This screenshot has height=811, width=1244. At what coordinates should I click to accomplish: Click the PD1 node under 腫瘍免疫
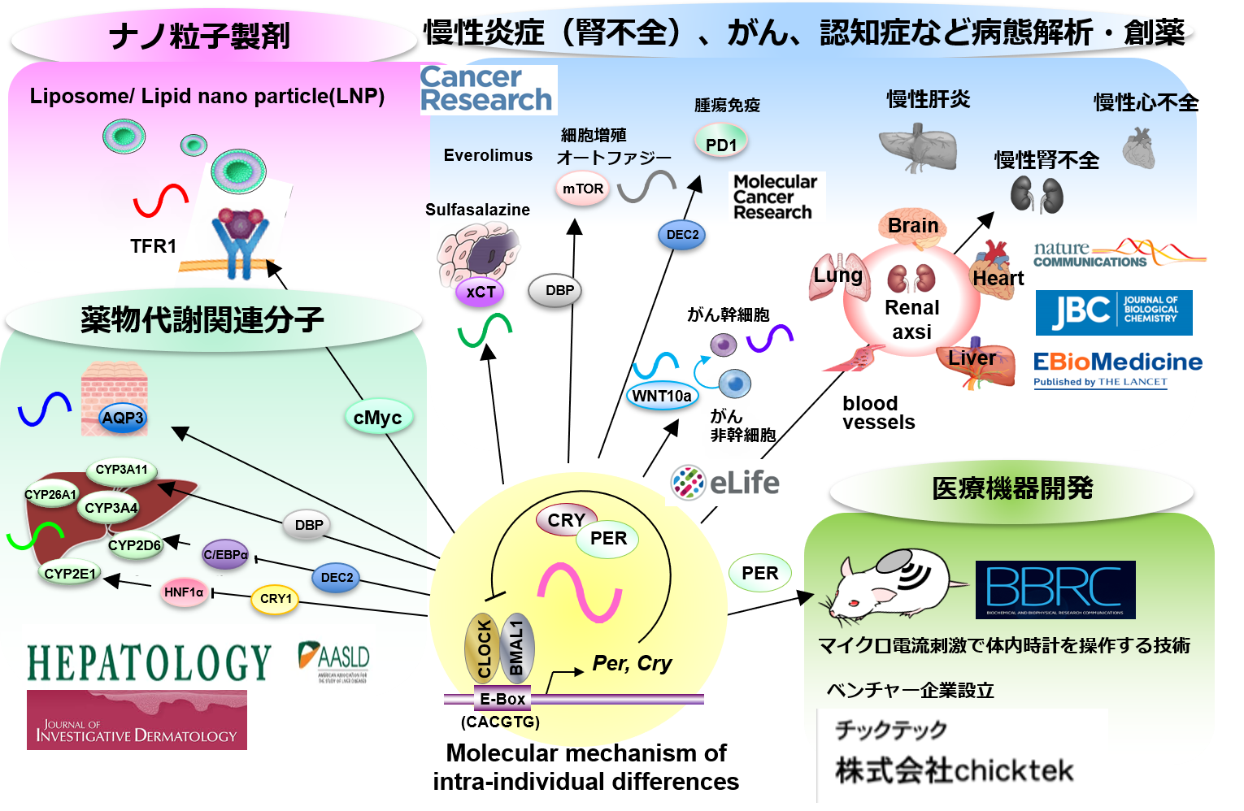tap(721, 144)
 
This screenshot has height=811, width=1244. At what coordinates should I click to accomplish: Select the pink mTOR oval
tap(583, 189)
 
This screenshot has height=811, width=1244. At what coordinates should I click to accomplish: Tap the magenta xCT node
tap(481, 292)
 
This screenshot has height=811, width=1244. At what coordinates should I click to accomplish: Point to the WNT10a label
tap(662, 396)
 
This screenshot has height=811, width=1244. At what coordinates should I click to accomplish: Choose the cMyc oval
tap(377, 418)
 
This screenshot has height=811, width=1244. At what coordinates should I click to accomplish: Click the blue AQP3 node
tap(122, 418)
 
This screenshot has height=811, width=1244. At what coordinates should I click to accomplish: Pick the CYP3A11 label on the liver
tap(121, 470)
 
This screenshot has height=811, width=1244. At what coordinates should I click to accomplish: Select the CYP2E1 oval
tap(70, 574)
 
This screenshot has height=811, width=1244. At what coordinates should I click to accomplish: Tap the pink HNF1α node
tap(184, 592)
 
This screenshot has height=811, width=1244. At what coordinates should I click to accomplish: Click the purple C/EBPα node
tap(225, 555)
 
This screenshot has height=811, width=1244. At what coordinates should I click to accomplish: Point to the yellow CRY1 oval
tap(276, 599)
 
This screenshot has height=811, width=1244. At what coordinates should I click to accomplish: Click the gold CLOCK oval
tap(483, 648)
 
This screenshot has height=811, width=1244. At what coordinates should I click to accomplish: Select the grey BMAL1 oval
tap(516, 648)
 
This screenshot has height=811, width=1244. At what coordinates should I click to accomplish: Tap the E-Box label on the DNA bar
tap(502, 699)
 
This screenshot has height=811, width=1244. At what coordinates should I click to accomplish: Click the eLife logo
tap(725, 483)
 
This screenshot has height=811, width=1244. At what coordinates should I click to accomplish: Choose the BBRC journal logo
tap(1055, 589)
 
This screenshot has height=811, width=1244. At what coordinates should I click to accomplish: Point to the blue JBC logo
tap(1113, 312)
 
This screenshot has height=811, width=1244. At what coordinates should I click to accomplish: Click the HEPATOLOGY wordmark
tap(149, 662)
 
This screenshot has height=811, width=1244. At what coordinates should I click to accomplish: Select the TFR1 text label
tap(153, 246)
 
